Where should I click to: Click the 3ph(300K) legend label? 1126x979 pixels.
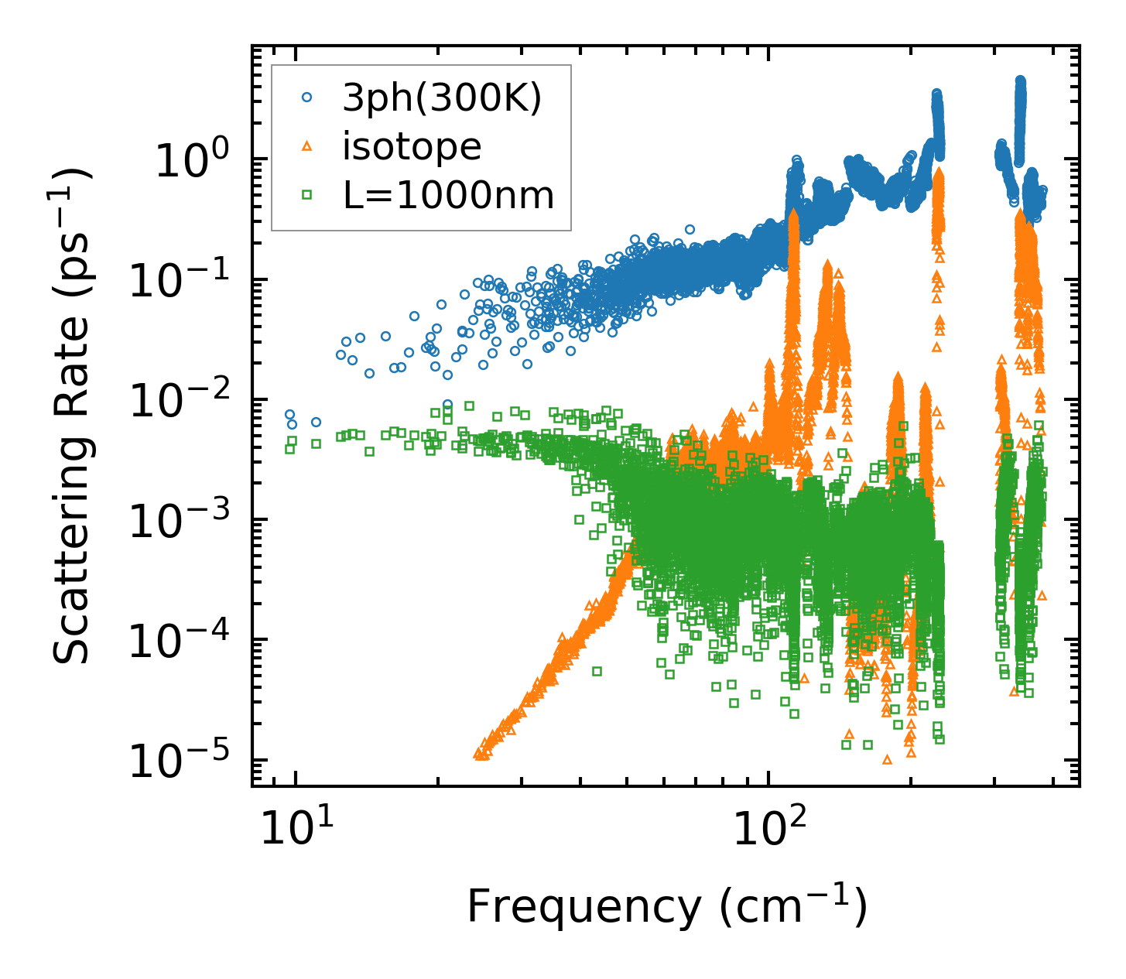pyautogui.click(x=442, y=98)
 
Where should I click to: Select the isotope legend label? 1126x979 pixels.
pyautogui.click(x=412, y=146)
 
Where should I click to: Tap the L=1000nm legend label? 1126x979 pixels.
pyautogui.click(x=449, y=196)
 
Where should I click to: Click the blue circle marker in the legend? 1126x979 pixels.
pyautogui.click(x=307, y=98)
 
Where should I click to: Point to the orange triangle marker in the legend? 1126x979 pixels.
pyautogui.click(x=307, y=146)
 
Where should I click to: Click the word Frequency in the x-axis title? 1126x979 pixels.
pyautogui.click(x=582, y=906)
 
